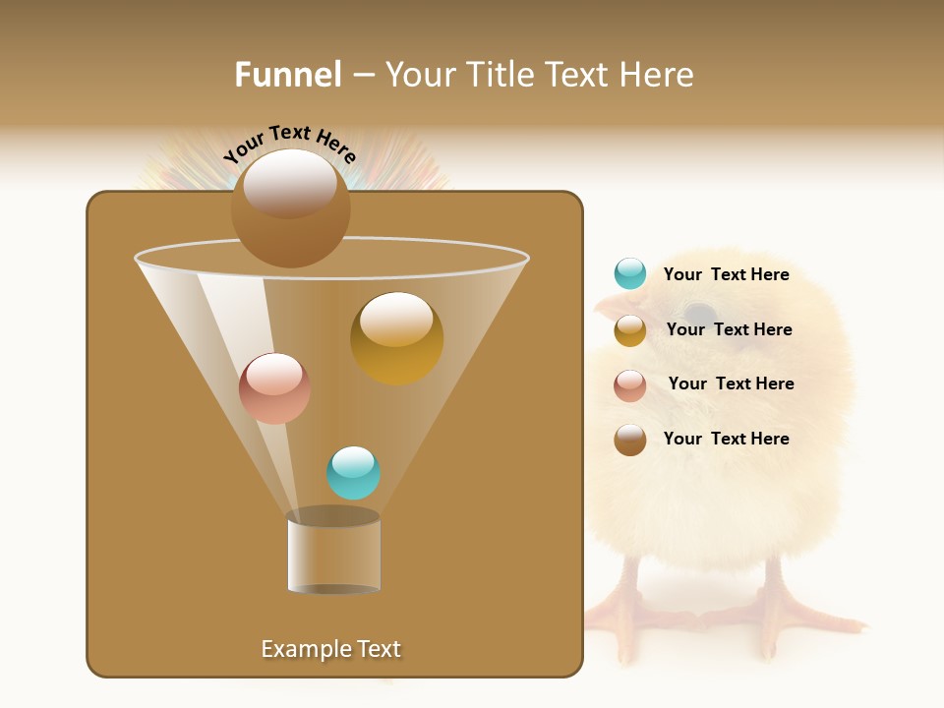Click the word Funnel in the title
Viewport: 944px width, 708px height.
click(x=287, y=75)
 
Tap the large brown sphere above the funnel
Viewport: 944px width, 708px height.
click(x=290, y=207)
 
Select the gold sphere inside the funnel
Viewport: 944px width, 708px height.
click(x=396, y=337)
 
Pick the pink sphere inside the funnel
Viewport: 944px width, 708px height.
click(x=274, y=388)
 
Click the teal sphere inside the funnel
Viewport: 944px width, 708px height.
click(x=353, y=473)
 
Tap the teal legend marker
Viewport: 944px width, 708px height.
click(x=630, y=274)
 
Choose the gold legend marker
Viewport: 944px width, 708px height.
click(x=630, y=330)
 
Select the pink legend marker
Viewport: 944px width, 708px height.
click(x=630, y=384)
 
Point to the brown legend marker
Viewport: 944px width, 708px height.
click(x=630, y=440)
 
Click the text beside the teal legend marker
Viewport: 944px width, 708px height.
click(x=726, y=275)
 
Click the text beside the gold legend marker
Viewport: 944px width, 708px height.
click(x=729, y=330)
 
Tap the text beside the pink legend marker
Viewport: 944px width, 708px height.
click(x=731, y=383)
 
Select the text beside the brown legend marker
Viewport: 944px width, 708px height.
click(x=726, y=439)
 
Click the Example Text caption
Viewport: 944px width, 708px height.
click(x=330, y=649)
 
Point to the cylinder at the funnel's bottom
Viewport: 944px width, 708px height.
click(x=333, y=553)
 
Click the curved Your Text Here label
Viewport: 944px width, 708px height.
click(x=289, y=144)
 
